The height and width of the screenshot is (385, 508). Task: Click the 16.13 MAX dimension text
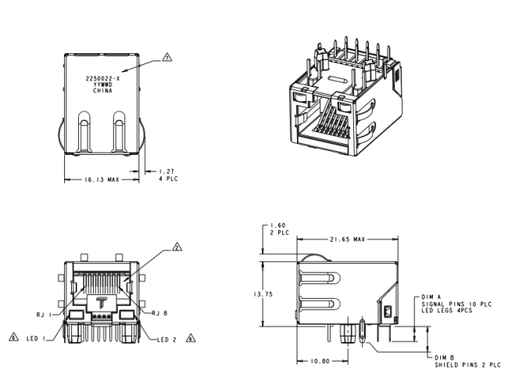click(x=102, y=179)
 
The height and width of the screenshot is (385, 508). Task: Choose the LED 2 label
click(x=166, y=339)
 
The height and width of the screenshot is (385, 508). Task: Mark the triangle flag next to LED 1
click(x=13, y=338)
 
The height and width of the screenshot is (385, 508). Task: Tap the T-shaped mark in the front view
click(x=100, y=301)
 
